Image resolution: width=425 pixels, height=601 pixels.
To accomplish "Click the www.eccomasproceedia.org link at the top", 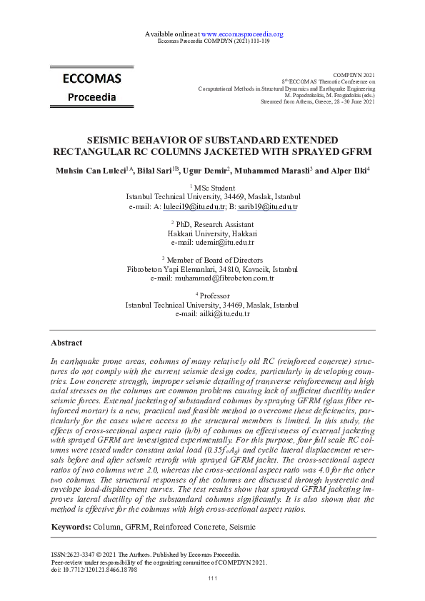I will point(243,34).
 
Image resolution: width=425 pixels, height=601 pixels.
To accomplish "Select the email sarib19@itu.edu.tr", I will point(268,207).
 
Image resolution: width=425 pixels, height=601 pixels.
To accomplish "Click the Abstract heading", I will point(68,343).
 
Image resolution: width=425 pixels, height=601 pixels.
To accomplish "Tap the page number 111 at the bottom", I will point(212,577).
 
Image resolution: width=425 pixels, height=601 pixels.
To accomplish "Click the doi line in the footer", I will point(95,570).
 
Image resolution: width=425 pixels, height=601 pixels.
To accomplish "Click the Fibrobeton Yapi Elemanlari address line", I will point(212,269).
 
